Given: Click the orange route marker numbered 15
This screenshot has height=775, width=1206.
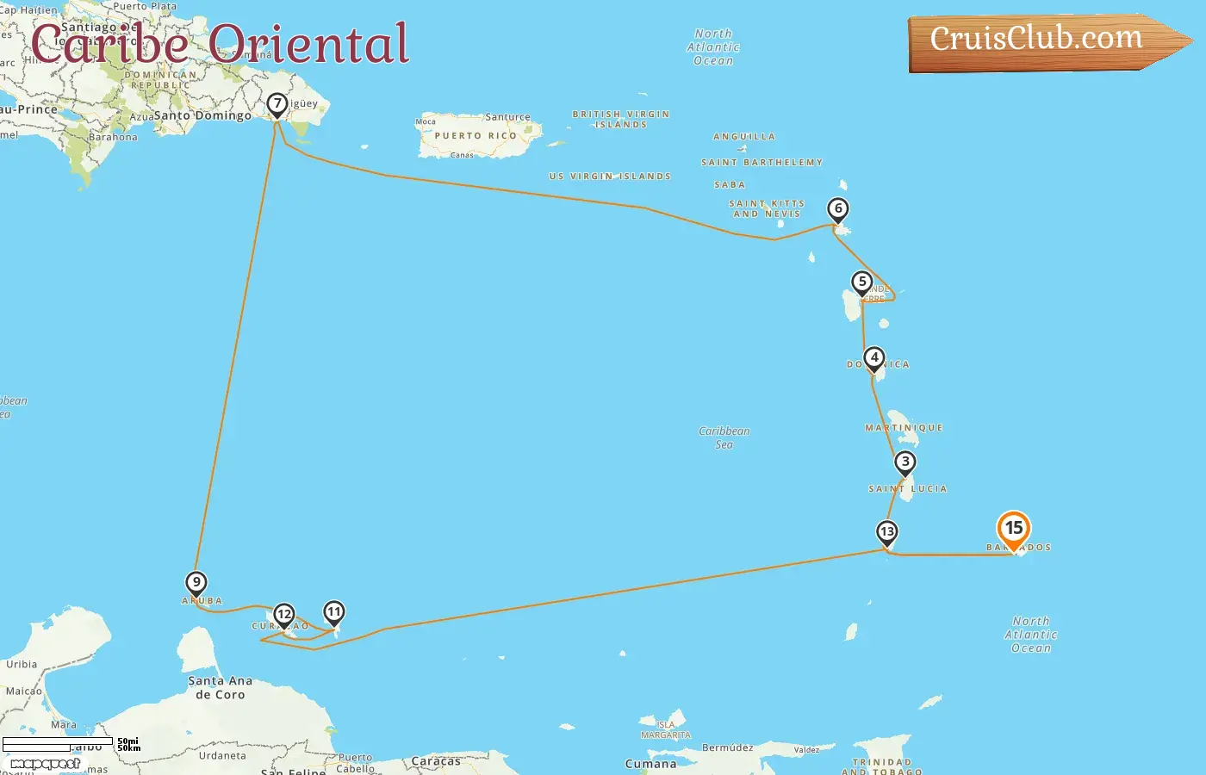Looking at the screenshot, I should (x=1014, y=529).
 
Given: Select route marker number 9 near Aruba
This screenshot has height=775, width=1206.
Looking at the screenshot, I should (x=196, y=583).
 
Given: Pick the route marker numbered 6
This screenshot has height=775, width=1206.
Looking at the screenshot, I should (x=837, y=209).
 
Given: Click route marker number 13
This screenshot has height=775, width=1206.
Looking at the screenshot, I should (x=886, y=532).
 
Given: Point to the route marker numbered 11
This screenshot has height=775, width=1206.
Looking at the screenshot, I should (x=333, y=613).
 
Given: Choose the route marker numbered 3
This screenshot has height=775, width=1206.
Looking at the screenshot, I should (x=904, y=462).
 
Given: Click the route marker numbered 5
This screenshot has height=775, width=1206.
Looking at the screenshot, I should (x=861, y=282).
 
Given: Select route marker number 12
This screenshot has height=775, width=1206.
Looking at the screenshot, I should (x=283, y=615).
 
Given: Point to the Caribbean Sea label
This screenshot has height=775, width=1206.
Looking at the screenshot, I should (x=724, y=437).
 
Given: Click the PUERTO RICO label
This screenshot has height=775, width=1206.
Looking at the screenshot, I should (x=476, y=136).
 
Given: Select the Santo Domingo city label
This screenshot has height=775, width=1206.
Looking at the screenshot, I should (x=202, y=115).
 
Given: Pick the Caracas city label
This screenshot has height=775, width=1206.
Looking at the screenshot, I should (x=436, y=761).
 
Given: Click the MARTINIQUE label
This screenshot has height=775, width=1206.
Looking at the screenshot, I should (x=904, y=428).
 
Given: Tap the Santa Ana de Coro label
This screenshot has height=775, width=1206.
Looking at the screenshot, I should (x=221, y=687).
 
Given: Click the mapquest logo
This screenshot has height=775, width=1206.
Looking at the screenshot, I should (x=45, y=764).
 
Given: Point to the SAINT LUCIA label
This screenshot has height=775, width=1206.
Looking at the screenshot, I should (x=907, y=489).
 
